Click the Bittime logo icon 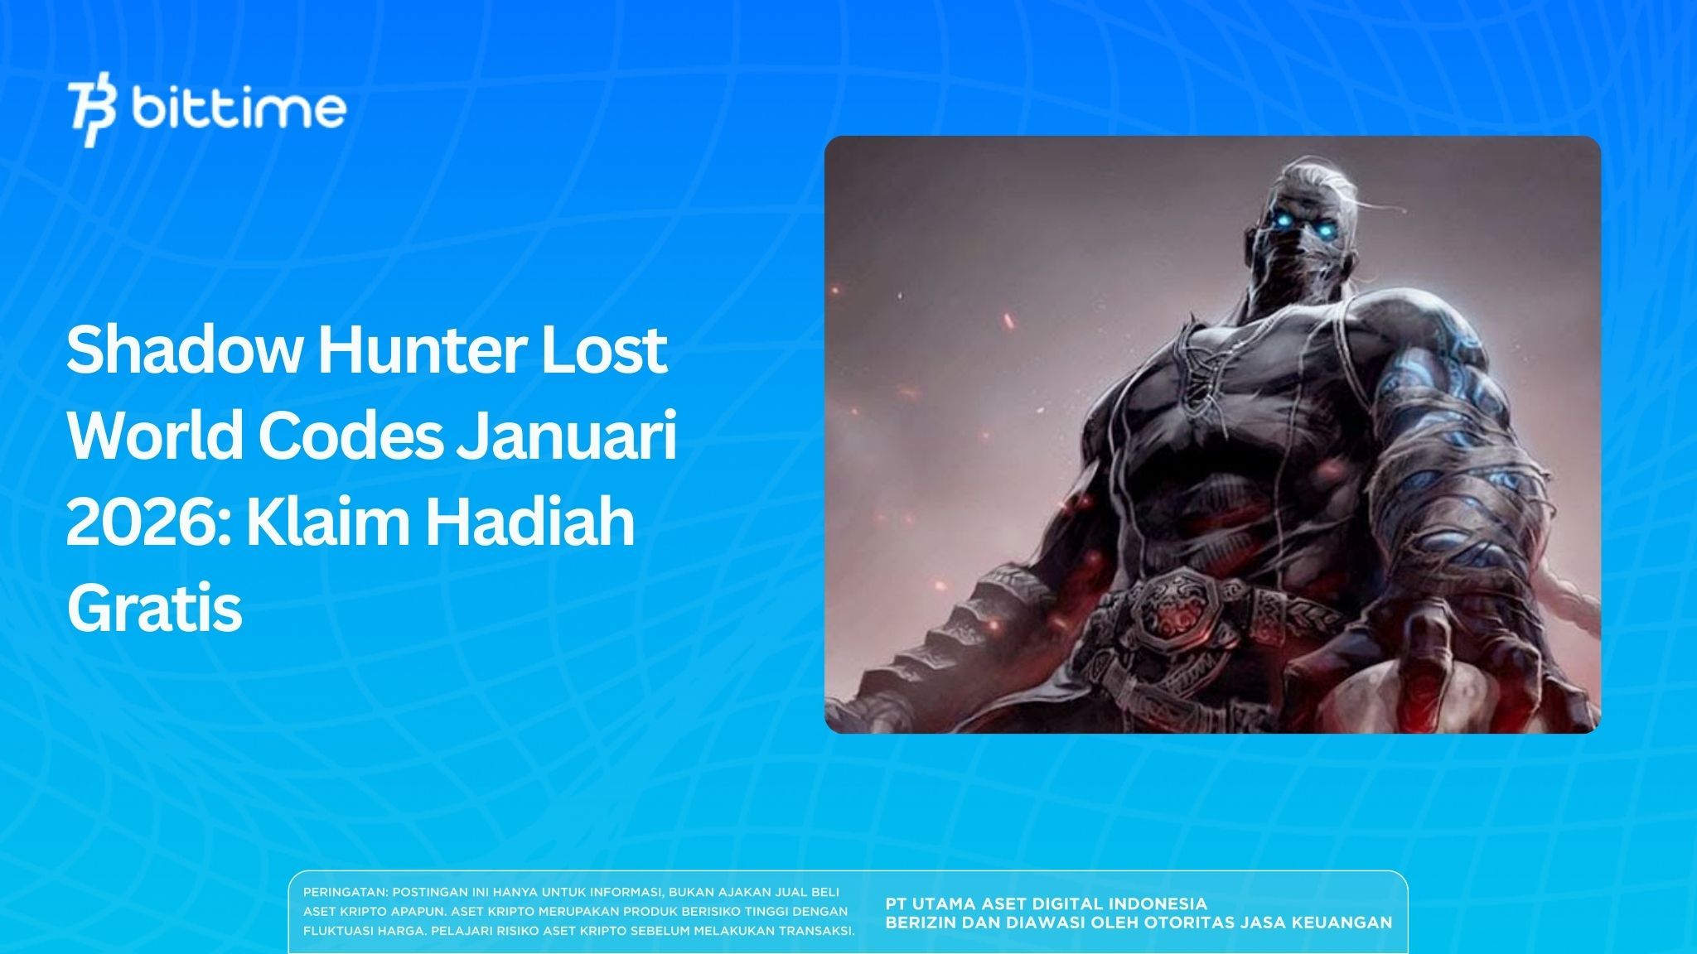tap(92, 113)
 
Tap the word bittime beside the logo tap(239, 108)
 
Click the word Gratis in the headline tap(154, 609)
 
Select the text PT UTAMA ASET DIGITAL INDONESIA tap(1046, 903)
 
